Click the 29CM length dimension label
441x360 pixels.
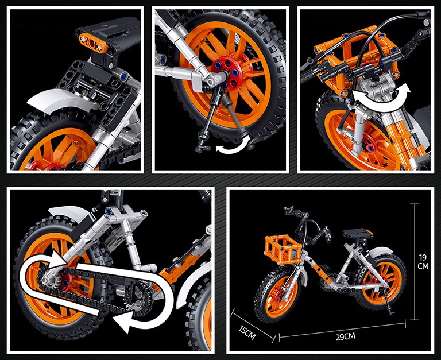click(345, 336)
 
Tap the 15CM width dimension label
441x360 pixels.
click(247, 332)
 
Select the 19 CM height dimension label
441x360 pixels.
click(423, 262)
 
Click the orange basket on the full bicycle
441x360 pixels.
click(283, 249)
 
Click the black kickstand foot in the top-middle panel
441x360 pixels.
click(202, 148)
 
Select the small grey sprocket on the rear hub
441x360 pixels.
click(50, 280)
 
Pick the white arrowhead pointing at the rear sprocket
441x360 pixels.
click(56, 260)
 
